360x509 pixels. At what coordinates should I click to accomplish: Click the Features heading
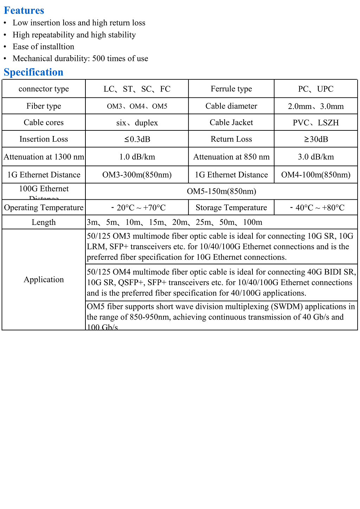[24, 11]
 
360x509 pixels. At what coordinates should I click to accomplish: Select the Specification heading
[33, 72]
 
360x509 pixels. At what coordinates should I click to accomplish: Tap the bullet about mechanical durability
[80, 58]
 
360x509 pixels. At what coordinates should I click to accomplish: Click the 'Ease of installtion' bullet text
[43, 46]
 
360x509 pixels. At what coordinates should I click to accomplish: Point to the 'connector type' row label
[44, 89]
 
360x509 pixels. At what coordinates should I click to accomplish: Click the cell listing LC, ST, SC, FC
[137, 89]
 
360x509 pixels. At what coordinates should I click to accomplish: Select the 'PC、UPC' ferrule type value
[315, 89]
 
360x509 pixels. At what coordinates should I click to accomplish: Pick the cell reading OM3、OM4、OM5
[137, 106]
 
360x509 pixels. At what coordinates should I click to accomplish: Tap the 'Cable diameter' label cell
[231, 106]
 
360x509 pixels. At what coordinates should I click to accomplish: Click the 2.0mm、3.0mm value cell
[315, 106]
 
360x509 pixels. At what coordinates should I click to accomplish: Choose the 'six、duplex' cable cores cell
[137, 123]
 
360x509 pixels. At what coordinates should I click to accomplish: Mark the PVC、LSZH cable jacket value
[315, 123]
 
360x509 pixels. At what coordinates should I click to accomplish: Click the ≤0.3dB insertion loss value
[137, 139]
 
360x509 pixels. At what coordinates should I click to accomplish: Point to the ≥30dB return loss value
[315, 139]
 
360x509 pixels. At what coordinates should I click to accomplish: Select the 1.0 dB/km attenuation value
[137, 157]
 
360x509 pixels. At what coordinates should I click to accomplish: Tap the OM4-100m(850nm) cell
[315, 175]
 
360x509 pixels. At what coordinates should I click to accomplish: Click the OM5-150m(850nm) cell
[221, 191]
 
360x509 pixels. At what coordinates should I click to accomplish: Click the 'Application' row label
[44, 279]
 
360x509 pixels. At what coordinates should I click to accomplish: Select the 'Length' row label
[44, 222]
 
